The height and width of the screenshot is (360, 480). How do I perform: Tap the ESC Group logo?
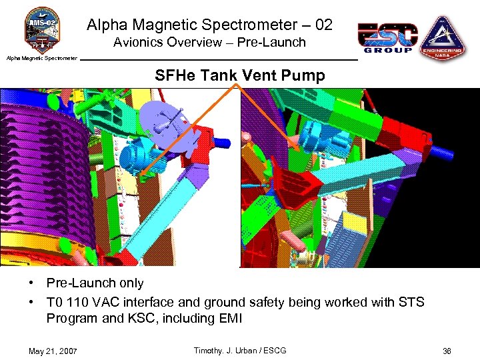click(387, 38)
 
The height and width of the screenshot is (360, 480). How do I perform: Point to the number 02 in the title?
click(323, 25)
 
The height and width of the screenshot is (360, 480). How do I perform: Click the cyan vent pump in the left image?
click(136, 157)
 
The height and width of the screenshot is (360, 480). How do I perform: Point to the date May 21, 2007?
click(53, 351)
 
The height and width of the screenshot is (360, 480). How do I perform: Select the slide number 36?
click(447, 351)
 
